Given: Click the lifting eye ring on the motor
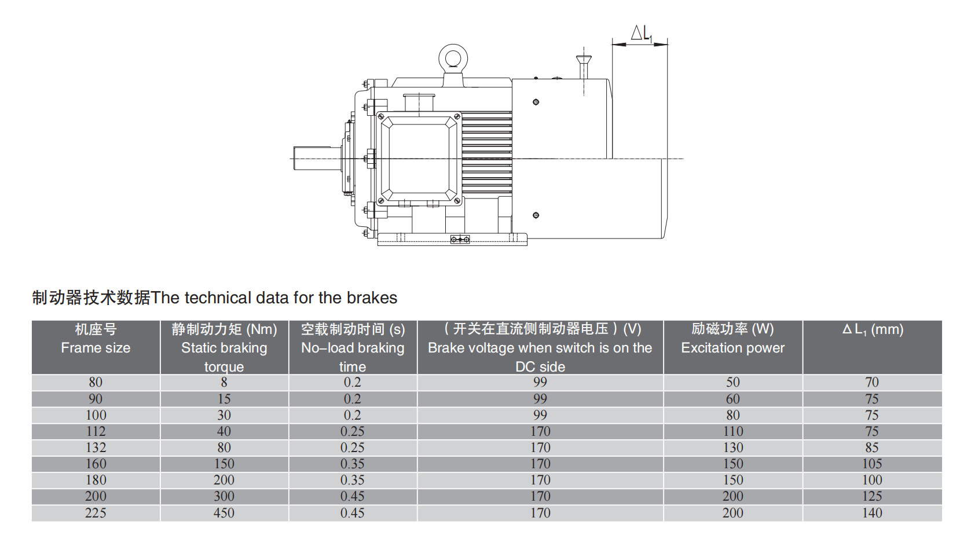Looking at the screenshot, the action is (x=453, y=47).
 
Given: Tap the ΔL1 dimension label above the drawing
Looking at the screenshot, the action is (x=642, y=34).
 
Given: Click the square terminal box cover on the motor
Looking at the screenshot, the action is (x=419, y=158).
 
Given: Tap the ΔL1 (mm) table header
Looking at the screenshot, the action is (x=872, y=329).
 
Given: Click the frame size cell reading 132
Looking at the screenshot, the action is (x=96, y=447).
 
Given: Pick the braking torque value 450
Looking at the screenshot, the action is (x=224, y=513).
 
